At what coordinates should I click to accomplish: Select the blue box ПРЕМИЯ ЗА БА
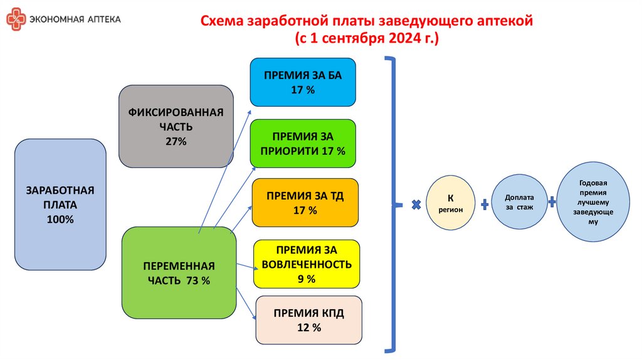click(x=303, y=82)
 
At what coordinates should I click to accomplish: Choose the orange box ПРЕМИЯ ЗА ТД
click(x=305, y=203)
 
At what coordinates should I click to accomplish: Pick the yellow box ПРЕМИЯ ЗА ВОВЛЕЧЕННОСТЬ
click(x=307, y=263)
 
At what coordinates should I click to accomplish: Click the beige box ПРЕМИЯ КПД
click(x=308, y=319)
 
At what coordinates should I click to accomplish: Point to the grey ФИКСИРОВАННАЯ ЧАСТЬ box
click(x=176, y=126)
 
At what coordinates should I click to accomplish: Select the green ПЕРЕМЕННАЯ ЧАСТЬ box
click(x=179, y=273)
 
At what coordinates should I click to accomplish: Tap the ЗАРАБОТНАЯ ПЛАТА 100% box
click(x=60, y=204)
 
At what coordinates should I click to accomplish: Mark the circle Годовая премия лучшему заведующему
click(x=593, y=201)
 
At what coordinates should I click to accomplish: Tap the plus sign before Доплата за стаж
click(x=485, y=204)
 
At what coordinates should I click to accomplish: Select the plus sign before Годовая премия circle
click(x=552, y=203)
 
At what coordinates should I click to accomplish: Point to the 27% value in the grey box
click(x=176, y=141)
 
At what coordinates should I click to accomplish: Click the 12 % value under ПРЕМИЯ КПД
click(x=309, y=327)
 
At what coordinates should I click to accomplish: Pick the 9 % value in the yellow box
click(x=307, y=278)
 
